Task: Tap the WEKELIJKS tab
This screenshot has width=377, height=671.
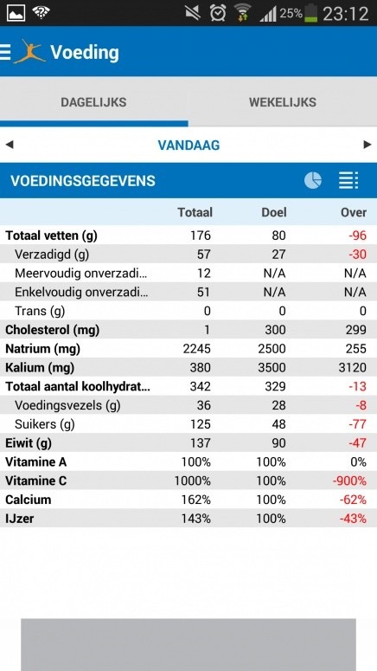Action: point(282,102)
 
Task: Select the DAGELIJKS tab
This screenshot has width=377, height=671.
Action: point(93,102)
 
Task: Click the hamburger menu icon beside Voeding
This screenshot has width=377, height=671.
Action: point(6,52)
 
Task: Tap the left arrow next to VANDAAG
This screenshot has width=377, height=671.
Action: point(10,145)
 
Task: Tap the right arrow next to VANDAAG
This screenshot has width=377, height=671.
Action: point(367,145)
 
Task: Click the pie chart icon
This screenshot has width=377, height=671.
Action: point(313,180)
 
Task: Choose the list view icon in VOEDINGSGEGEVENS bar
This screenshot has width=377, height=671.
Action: point(348,180)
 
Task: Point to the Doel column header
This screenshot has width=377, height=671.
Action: point(274,212)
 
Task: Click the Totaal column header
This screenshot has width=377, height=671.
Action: point(195,212)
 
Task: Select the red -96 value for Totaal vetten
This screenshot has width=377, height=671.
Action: point(356,235)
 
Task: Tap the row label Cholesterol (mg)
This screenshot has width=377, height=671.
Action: point(53,330)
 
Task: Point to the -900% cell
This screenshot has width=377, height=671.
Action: point(350,481)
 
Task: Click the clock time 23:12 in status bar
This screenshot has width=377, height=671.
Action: point(346,14)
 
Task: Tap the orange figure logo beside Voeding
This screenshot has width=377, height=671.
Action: point(29,52)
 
